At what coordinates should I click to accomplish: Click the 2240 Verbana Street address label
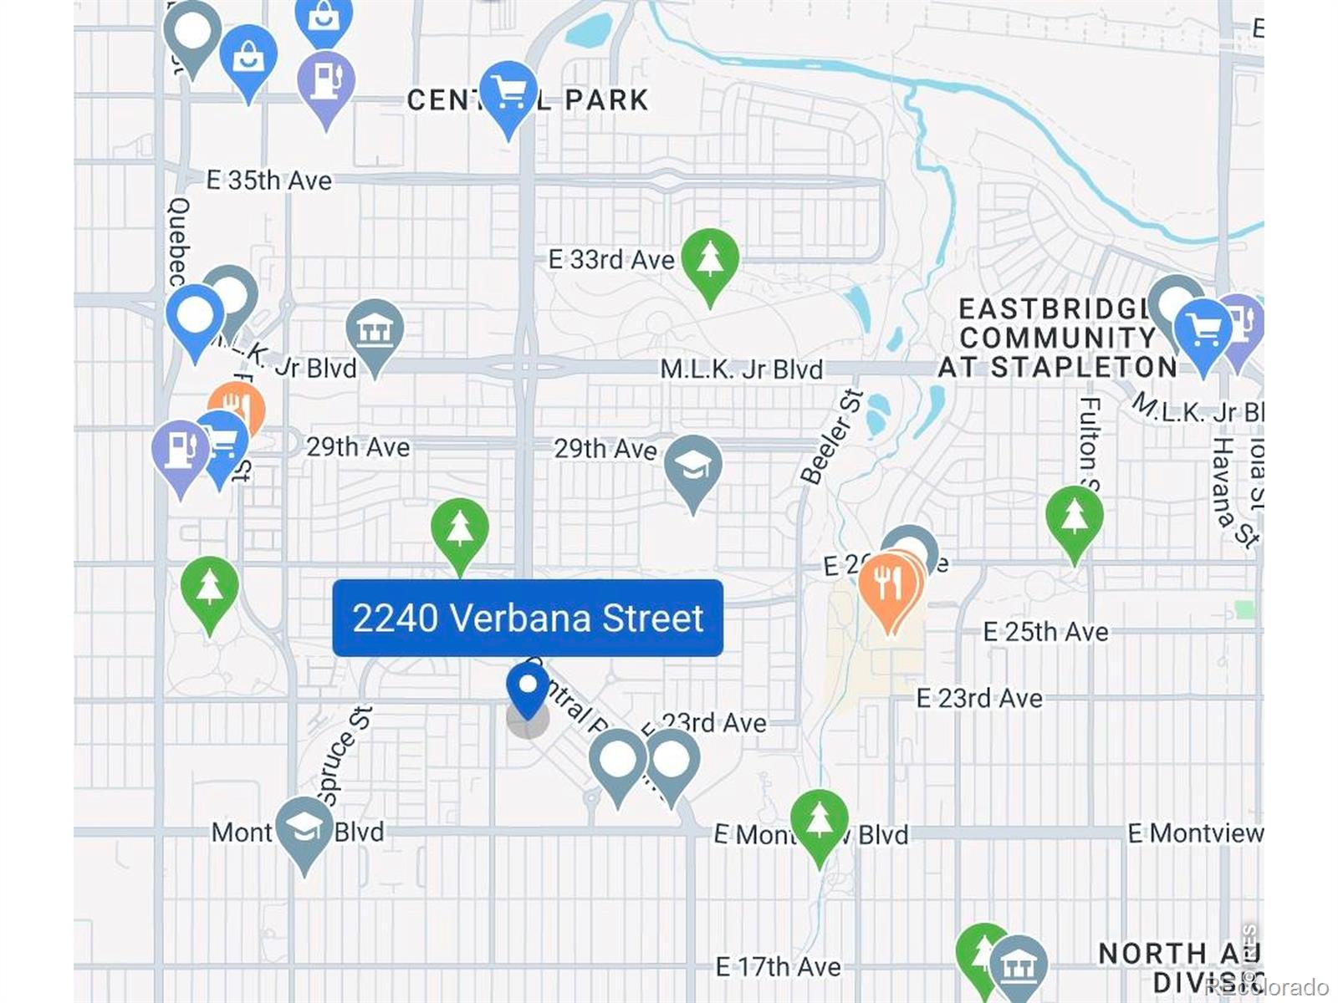coord(528,618)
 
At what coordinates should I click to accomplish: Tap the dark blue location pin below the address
coord(528,689)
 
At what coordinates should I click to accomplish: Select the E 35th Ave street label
coord(269,181)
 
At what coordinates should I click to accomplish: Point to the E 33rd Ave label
coord(610,260)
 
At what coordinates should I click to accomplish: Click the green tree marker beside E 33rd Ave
coord(710,261)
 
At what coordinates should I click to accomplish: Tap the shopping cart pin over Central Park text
coord(508,94)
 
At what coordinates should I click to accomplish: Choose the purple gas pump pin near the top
coord(326,84)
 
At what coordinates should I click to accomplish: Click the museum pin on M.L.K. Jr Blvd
coord(375,333)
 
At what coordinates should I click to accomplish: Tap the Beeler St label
coord(830,437)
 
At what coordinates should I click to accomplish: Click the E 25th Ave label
coord(1045,632)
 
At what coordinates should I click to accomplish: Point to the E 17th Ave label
coord(778,967)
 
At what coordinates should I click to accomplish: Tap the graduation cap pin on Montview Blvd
coord(304,829)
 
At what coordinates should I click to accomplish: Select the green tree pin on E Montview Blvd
coord(820,822)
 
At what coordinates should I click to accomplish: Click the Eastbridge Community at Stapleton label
coord(1058,338)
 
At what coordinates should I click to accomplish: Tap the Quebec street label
coord(178,242)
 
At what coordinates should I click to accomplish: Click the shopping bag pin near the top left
coord(248,57)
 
